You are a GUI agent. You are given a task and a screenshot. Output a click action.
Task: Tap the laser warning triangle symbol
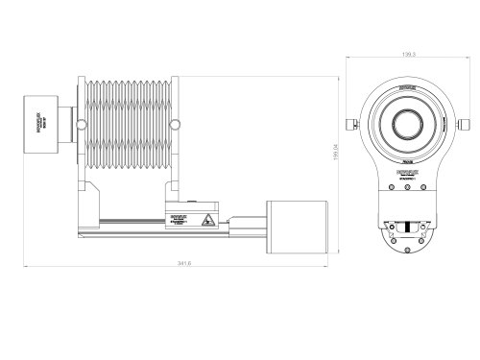coord(206,220)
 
